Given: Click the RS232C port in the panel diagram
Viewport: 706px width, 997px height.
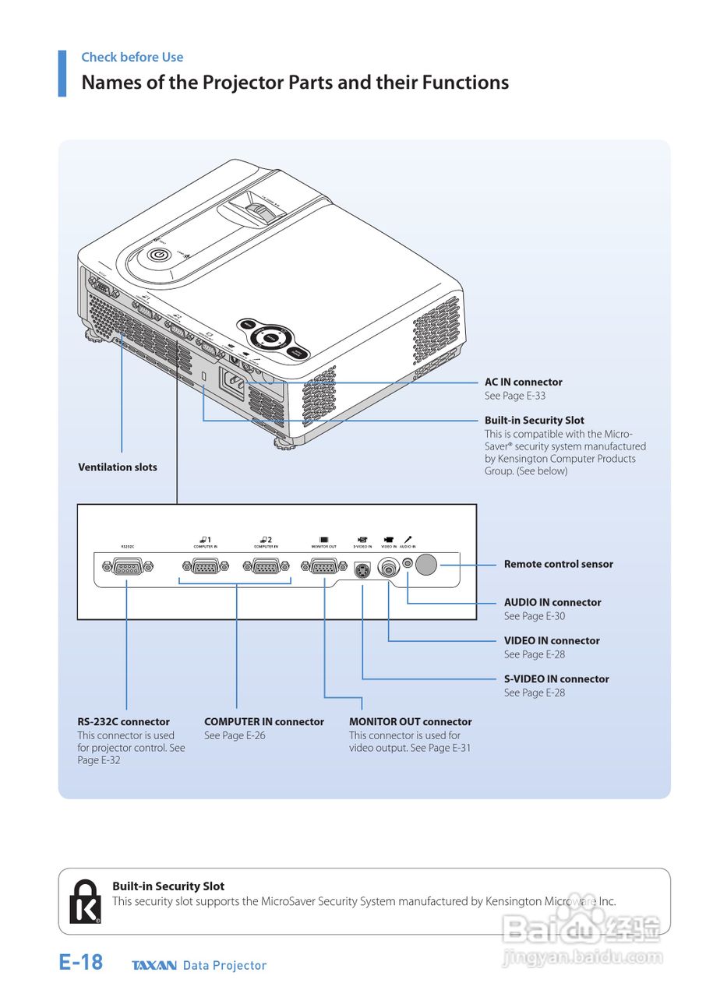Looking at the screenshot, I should [x=126, y=567].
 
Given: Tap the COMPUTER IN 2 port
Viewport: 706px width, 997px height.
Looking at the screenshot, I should [x=266, y=567].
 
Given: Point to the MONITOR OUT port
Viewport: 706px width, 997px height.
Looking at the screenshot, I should [x=323, y=567].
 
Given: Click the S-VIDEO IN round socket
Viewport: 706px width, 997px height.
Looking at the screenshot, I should [x=362, y=571].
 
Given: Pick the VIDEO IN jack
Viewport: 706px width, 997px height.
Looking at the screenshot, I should [x=388, y=569].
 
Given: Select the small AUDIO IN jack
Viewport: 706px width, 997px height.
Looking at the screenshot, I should [x=407, y=563].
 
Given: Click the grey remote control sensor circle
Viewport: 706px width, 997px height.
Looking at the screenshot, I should [x=426, y=564].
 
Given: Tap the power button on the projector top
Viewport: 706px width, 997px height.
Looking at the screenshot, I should [x=159, y=255].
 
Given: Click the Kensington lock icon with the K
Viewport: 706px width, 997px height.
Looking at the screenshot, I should [x=85, y=902].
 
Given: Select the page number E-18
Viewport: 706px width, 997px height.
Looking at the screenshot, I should [x=80, y=963].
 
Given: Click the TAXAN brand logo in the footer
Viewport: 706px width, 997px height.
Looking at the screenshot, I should [x=154, y=966].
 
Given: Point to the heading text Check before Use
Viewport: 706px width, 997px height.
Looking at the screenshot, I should [x=132, y=57].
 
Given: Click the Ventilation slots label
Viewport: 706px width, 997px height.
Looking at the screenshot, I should [x=118, y=467].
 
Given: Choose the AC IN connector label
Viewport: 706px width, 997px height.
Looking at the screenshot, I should [x=523, y=382].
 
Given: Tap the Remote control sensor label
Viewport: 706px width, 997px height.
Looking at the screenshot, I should [x=558, y=564].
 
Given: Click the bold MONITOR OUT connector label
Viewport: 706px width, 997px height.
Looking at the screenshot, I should [x=410, y=721].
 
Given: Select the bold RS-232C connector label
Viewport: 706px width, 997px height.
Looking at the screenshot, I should [x=123, y=721].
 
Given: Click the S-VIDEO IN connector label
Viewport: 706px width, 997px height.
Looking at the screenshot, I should [x=556, y=678].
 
